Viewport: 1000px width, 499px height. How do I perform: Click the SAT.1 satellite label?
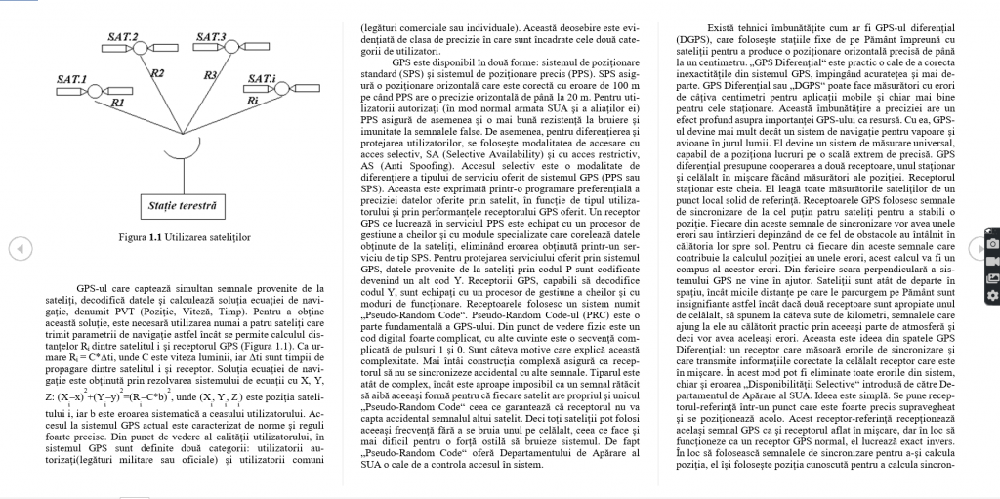72,78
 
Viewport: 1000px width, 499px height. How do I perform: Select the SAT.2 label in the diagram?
123,36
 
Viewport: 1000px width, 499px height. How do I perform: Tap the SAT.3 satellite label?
211,37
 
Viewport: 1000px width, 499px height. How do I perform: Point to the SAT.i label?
262,78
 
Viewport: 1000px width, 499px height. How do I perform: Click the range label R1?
118,102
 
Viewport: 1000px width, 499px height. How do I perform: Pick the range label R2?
157,73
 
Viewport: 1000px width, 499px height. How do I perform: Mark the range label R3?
209,74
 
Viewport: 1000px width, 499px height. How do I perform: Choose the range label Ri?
252,100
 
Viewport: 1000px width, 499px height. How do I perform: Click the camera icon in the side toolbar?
992,243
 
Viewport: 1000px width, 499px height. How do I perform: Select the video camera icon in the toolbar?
992,261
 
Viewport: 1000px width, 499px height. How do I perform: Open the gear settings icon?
992,296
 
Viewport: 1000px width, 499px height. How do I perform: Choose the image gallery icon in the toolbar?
992,278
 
